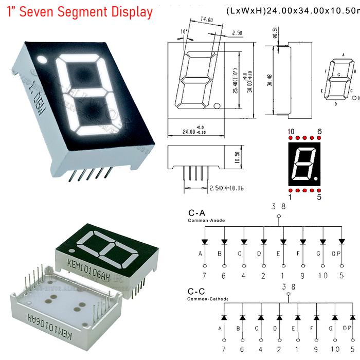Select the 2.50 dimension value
click(237, 32)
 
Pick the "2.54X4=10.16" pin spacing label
click(227, 188)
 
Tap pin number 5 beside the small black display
click(319, 197)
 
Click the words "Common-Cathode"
click(208, 299)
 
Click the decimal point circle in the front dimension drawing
click(217, 106)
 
